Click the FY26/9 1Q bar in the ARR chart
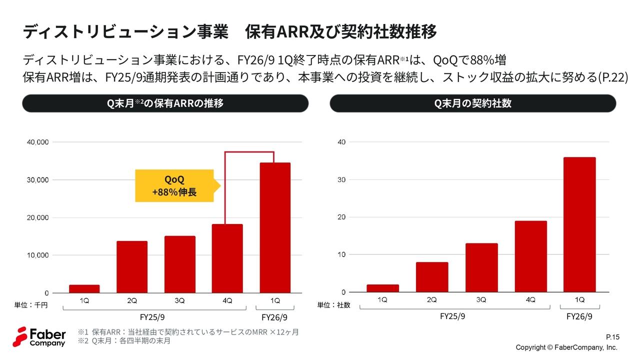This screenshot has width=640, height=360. coord(275,227)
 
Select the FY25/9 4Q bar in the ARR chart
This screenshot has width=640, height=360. coord(227,258)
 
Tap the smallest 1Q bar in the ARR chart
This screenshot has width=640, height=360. coord(84,289)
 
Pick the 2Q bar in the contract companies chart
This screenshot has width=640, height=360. coord(432,277)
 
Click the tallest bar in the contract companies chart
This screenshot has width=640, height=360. coord(579,224)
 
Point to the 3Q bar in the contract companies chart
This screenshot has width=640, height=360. coord(481,267)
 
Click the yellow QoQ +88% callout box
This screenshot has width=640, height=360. coord(174,185)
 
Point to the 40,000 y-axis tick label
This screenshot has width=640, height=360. coord(37,142)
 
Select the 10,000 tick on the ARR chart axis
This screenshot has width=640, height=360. coord(37,255)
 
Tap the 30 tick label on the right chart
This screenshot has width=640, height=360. coord(341,179)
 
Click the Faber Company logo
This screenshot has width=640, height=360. coord(39,336)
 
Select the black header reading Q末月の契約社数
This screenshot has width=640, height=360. coord(472,103)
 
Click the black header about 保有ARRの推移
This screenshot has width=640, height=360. coord(165,103)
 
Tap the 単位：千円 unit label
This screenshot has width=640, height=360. coord(31,304)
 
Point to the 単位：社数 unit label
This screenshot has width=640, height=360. coord(334,304)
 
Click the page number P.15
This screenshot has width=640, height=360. coord(612,337)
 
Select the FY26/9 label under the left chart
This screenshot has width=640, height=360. coord(274,317)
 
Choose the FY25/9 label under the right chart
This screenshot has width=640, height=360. coord(452,316)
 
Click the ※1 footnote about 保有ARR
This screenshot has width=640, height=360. coord(188,332)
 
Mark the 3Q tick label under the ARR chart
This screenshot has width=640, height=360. coord(179,300)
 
